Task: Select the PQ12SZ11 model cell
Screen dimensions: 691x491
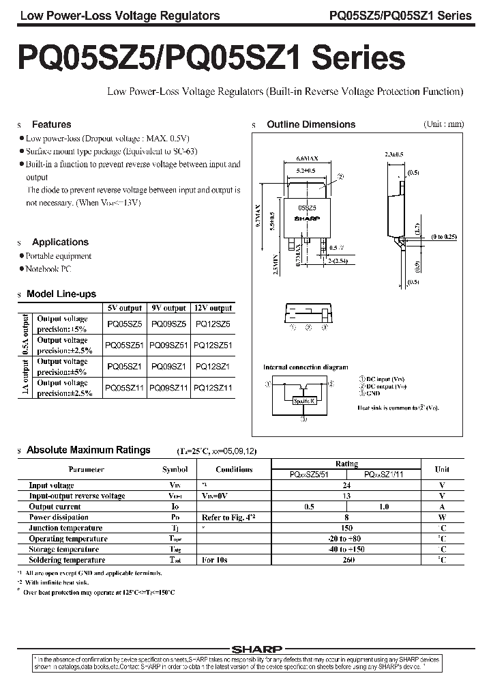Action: [213, 388]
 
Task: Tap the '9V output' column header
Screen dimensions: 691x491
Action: [168, 308]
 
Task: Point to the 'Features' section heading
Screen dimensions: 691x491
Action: [51, 124]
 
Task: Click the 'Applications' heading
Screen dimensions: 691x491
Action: [60, 242]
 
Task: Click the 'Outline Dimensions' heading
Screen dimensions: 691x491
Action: [310, 124]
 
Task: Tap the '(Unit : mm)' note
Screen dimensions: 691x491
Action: [443, 124]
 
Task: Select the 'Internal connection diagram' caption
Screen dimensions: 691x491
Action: [306, 367]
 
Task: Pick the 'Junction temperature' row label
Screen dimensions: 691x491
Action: [65, 528]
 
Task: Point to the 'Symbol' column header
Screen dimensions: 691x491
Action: [175, 470]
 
